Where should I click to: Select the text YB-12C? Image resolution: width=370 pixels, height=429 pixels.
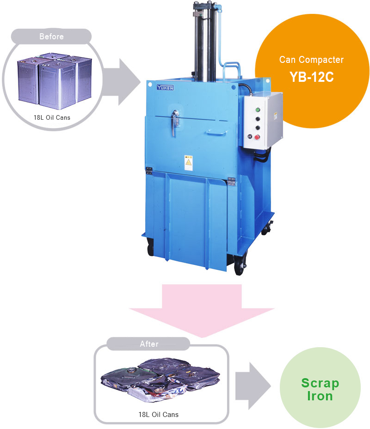click(311, 77)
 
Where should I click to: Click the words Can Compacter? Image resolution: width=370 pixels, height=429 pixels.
click(311, 60)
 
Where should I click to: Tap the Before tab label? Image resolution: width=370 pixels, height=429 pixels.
click(51, 37)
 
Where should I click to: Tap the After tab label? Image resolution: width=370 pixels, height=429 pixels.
click(149, 344)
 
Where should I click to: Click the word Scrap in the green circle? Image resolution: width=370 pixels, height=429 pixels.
click(320, 383)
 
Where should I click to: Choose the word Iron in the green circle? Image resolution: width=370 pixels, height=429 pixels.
click(320, 396)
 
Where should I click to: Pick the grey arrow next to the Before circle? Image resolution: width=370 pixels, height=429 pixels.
click(121, 82)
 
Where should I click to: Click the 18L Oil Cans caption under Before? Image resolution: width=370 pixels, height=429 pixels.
click(52, 117)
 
